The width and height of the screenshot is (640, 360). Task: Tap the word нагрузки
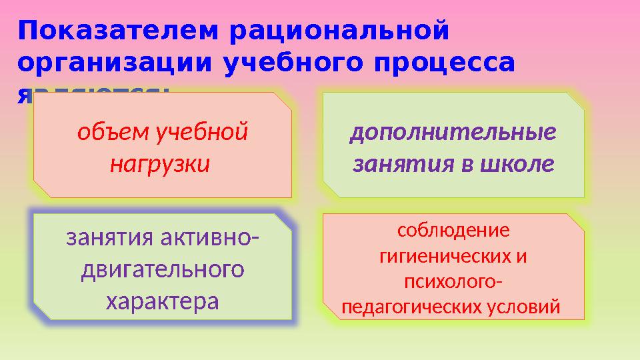[x=159, y=162]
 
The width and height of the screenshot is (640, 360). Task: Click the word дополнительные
[x=453, y=133]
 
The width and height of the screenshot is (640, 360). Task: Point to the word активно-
[x=211, y=237]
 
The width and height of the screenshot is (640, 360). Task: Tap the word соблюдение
[x=453, y=231]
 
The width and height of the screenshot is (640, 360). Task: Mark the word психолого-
[x=453, y=282]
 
